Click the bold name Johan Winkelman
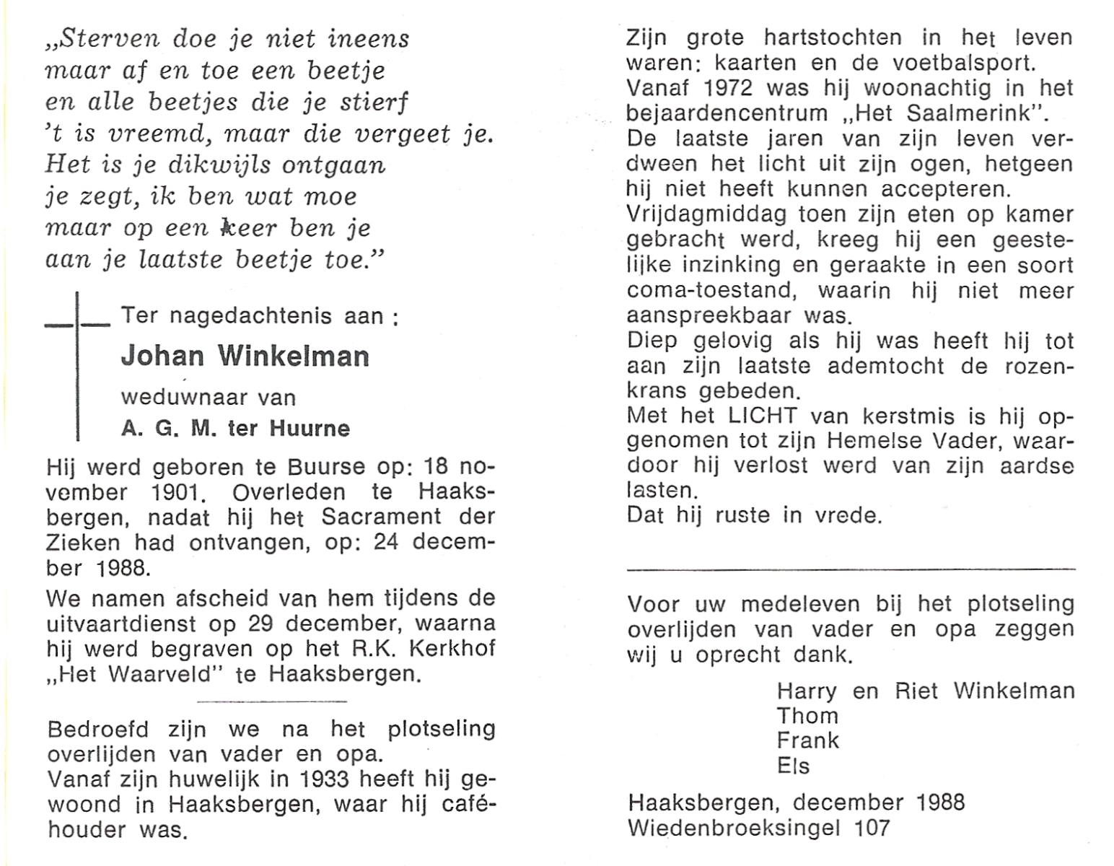pyautogui.click(x=245, y=356)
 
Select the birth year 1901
pyautogui.click(x=177, y=493)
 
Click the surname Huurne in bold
pyautogui.click(x=310, y=429)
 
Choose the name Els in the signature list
pyautogui.click(x=794, y=766)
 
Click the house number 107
pyautogui.click(x=872, y=828)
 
